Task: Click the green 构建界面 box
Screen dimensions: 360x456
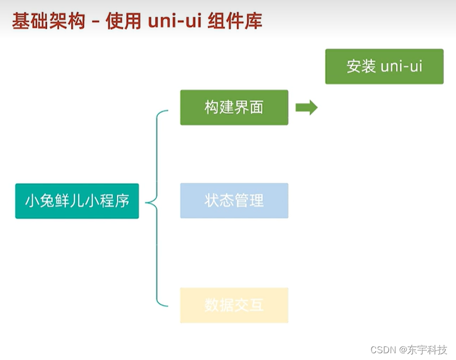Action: pyautogui.click(x=234, y=107)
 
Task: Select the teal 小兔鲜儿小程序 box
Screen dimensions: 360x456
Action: pyautogui.click(x=77, y=201)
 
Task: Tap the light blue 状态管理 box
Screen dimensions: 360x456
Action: pyautogui.click(x=234, y=200)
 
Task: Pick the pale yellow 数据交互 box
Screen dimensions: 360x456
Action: pyautogui.click(x=234, y=305)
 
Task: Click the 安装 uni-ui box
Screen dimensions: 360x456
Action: pyautogui.click(x=384, y=66)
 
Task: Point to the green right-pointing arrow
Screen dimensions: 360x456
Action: pyautogui.click(x=306, y=107)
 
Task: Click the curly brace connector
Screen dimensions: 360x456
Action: pyautogui.click(x=157, y=208)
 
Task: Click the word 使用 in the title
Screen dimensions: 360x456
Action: pyautogui.click(x=120, y=21)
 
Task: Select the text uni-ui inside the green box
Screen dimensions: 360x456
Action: pyautogui.click(x=401, y=66)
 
